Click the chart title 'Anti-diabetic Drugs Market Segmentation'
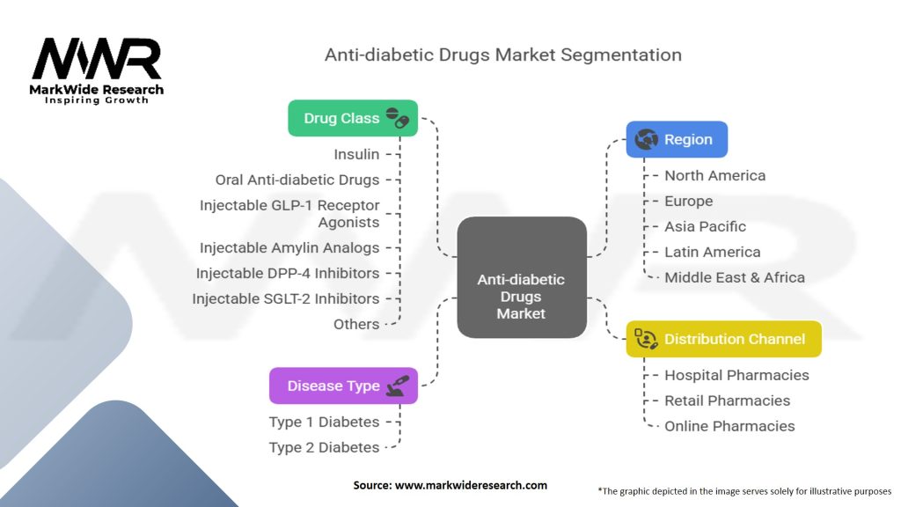click(x=502, y=54)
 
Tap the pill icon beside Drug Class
click(x=398, y=118)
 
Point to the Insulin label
click(x=356, y=154)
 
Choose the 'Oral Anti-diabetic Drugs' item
click(x=297, y=180)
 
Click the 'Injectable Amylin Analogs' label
click(x=289, y=248)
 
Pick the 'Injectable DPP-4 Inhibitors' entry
click(x=288, y=273)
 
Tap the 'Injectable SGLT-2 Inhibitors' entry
click(x=286, y=298)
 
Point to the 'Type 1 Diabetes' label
click(x=324, y=422)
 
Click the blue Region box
click(x=676, y=139)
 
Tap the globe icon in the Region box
click(x=647, y=139)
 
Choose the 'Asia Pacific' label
click(x=705, y=226)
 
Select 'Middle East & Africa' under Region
click(x=734, y=277)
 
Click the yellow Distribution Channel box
click(x=723, y=339)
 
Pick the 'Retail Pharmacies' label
click(x=727, y=400)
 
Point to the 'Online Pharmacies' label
click(x=729, y=426)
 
